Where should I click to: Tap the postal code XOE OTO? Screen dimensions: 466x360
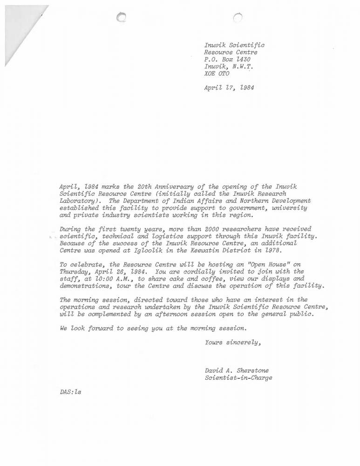pos(217,73)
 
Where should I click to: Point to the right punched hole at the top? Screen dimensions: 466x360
pos(238,17)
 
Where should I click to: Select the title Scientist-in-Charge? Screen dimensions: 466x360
pos(238,378)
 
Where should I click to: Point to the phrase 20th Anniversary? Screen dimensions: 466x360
pos(153,186)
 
